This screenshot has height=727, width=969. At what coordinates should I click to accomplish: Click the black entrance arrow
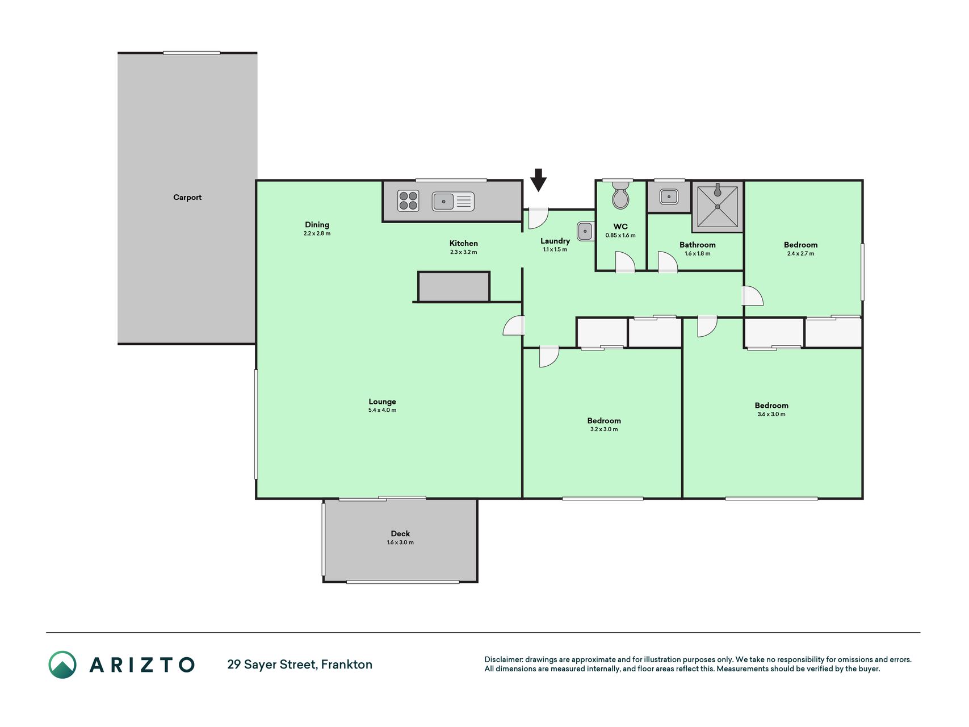pos(538,180)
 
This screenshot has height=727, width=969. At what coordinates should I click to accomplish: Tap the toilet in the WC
pos(620,195)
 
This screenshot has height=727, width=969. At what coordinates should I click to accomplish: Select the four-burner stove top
pos(408,201)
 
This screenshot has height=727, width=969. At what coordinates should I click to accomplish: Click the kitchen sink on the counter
pos(453,202)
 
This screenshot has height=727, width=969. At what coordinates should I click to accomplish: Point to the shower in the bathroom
pos(718,207)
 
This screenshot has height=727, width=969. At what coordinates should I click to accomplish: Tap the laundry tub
pos(585,231)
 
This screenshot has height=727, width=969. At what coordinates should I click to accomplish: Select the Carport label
pos(187,197)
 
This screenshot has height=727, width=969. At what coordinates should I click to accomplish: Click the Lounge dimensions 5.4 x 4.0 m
pos(382,410)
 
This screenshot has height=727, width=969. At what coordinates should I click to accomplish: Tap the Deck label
pos(400,533)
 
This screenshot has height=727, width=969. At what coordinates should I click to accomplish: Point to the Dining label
pos(317,224)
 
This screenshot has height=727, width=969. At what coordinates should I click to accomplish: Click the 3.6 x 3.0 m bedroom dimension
pos(771,414)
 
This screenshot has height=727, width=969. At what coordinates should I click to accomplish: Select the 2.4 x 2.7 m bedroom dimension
pos(800,253)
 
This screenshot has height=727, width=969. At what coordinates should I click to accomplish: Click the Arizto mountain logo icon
pos(62,665)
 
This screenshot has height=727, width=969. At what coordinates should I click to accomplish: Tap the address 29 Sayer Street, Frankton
pos(300,665)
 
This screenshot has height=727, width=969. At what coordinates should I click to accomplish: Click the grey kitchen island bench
pos(454,287)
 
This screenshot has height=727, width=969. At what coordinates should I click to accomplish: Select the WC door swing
pos(625,262)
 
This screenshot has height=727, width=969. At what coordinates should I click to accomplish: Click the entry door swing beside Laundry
pos(538,218)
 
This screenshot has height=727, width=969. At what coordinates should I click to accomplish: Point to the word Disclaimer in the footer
pos(504,659)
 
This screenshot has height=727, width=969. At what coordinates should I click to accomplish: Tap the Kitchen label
pos(464,243)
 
